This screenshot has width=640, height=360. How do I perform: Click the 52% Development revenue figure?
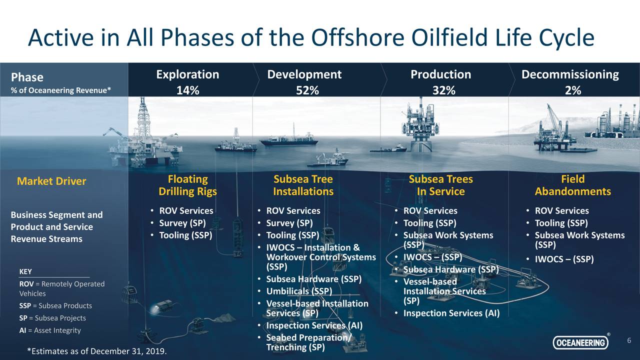tap(304, 90)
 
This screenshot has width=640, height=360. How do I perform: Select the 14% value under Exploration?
tap(187, 90)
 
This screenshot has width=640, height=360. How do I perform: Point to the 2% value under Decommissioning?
tap(573, 90)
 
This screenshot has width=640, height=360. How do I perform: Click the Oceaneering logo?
tap(580, 342)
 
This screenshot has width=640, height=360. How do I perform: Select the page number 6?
tap(629, 340)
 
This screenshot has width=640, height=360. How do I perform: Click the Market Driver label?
tap(51, 181)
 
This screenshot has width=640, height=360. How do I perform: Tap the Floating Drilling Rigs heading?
tap(187, 185)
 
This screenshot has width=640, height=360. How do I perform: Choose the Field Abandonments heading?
tap(572, 185)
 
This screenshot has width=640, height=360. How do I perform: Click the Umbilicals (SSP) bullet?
tap(299, 291)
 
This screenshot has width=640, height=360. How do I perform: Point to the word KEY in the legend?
tap(25, 271)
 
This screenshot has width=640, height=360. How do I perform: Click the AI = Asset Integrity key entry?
tap(49, 330)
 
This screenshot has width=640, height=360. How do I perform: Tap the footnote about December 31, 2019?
tap(97, 351)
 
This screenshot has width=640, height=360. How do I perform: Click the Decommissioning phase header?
tap(570, 74)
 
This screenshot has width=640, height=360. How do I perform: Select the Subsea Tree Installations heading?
tap(303, 185)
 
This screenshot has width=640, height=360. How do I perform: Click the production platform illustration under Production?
tap(420, 125)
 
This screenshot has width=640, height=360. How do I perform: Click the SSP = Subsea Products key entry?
tap(55, 305)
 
